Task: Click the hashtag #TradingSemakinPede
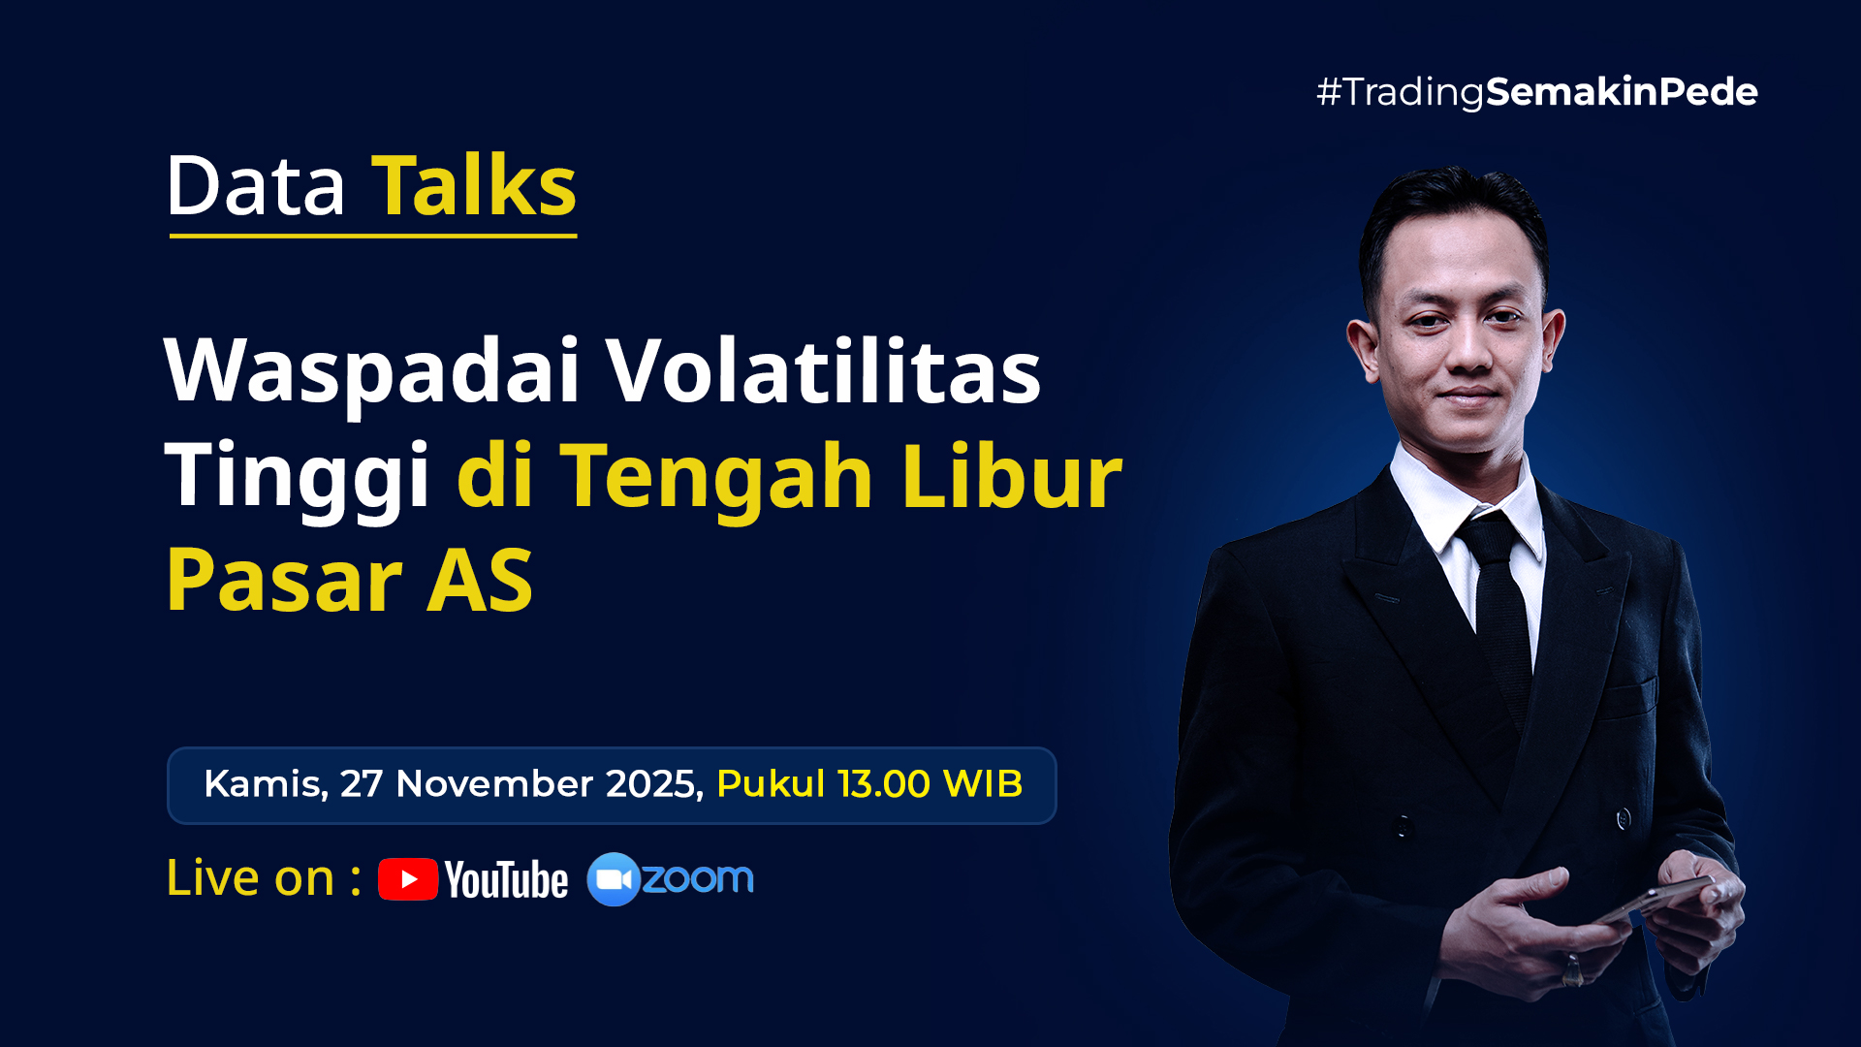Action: tap(1536, 92)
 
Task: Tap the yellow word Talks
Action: tap(474, 185)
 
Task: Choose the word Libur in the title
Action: tap(1012, 473)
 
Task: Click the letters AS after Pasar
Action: tap(480, 581)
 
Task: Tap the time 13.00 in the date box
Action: tap(884, 784)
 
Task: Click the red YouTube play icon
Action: tap(408, 879)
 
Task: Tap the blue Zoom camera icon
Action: tap(613, 879)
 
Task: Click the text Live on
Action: tap(250, 878)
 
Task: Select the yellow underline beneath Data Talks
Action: tap(373, 235)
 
